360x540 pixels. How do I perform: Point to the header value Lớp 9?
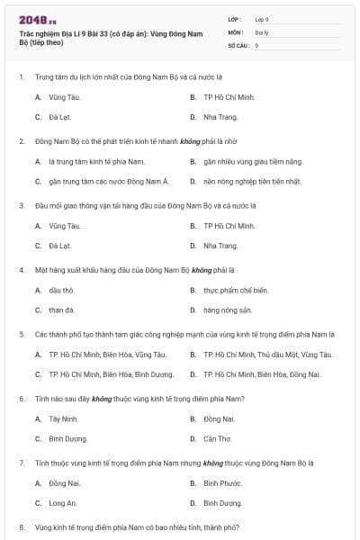[262, 19]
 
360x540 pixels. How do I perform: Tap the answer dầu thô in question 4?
[62, 290]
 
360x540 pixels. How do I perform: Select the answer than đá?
[62, 310]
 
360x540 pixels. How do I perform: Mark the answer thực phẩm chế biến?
[236, 290]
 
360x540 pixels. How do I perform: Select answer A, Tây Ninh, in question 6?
[64, 418]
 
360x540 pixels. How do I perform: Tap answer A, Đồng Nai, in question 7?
[63, 483]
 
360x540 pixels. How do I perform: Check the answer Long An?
[63, 504]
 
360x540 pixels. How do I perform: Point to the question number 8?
[22, 527]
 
